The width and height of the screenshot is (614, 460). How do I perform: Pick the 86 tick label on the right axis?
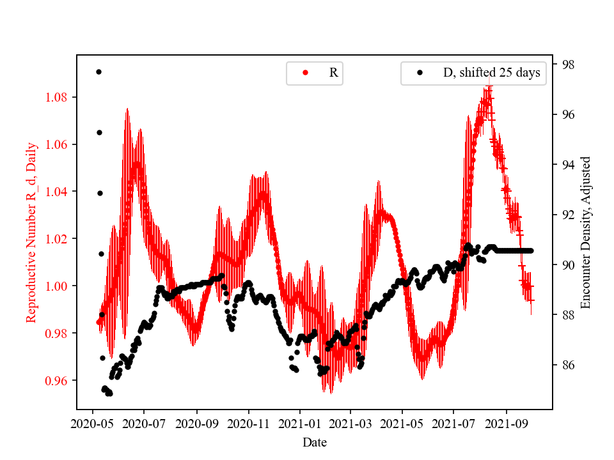coord(565,365)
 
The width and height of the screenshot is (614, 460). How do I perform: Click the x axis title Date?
coord(315,442)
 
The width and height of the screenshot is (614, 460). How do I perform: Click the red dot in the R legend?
coord(306,73)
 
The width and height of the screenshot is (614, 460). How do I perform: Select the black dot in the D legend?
coord(420,73)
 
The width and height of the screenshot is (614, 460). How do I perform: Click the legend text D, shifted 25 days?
coord(491,73)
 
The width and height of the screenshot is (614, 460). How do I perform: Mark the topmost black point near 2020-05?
coord(98,72)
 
